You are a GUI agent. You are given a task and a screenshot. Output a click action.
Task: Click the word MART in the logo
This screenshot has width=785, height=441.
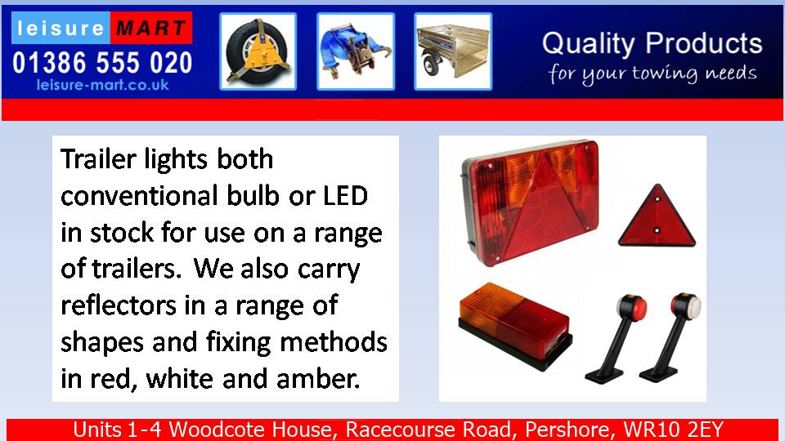coord(151,28)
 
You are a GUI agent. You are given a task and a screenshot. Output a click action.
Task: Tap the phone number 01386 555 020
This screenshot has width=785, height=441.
coord(102,63)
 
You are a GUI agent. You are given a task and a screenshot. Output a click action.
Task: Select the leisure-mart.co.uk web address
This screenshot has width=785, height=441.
coord(103,85)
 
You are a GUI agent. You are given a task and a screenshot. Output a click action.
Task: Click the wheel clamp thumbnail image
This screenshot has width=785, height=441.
coord(258,51)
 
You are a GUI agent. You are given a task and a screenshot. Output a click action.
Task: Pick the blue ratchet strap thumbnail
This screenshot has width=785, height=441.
coord(356,51)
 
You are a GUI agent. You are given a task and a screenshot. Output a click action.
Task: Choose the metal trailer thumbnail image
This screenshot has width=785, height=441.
coord(453,51)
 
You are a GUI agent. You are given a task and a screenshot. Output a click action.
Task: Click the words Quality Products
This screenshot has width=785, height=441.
coord(652,43)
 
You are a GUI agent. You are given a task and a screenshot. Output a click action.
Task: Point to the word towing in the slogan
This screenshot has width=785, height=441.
coord(664,74)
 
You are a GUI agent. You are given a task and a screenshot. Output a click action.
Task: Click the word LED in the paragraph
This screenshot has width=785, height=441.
coord(345,195)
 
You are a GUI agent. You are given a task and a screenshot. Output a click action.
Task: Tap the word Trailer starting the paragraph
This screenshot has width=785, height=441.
coord(98,159)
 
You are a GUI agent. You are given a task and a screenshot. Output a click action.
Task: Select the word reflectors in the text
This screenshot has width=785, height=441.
coord(119,305)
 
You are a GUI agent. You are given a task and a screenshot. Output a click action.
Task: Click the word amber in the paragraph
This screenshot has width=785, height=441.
coord(317,378)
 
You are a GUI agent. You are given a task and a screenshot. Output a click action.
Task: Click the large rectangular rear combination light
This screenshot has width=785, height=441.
coord(530,202)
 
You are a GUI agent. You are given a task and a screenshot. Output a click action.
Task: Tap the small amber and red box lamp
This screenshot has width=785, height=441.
coord(514,326)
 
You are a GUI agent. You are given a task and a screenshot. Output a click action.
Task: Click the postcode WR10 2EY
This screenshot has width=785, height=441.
coord(673,430)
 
